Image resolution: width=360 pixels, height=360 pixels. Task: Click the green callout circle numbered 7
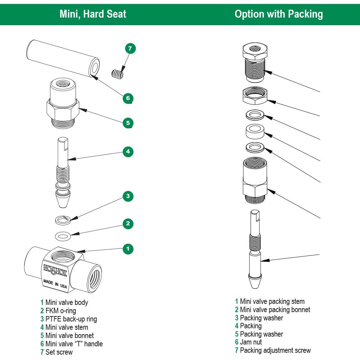pyautogui.click(x=130, y=48)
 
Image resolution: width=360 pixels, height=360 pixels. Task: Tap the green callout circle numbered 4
pyautogui.click(x=128, y=152)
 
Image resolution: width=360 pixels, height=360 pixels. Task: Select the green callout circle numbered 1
pyautogui.click(x=128, y=248)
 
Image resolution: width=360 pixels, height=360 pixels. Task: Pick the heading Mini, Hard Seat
pyautogui.click(x=93, y=14)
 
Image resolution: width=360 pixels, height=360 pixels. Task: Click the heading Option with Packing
pyautogui.click(x=279, y=14)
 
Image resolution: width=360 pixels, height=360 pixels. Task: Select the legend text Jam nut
pyautogui.click(x=251, y=342)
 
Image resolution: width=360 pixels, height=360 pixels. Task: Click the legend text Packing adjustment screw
pyautogui.click(x=275, y=350)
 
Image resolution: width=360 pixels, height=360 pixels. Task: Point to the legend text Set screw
pyautogui.click(x=59, y=352)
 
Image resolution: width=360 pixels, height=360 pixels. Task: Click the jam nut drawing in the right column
pyautogui.click(x=255, y=96)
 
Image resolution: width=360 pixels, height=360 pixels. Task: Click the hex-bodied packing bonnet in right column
pyautogui.click(x=255, y=180)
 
